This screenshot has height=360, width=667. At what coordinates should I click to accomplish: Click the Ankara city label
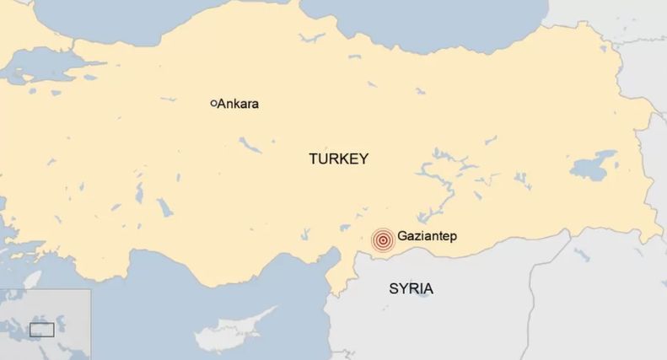[238, 105]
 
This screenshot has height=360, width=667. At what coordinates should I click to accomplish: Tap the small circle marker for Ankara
[213, 104]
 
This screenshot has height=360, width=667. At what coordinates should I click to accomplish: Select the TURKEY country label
[338, 159]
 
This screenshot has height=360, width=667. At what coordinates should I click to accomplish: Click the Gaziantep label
[427, 238]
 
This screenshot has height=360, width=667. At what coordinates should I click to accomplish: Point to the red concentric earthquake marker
[383, 240]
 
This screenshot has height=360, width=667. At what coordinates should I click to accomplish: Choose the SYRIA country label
[411, 289]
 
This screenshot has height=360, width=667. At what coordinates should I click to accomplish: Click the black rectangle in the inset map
[41, 330]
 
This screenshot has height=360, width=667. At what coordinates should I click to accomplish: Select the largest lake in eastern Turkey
[595, 164]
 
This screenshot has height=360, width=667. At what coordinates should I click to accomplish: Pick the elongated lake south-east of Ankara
[250, 145]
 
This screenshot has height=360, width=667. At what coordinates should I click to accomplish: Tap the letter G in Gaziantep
[402, 238]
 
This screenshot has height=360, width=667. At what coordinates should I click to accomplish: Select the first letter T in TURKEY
[313, 159]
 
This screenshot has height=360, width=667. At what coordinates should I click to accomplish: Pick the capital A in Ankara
[222, 105]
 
